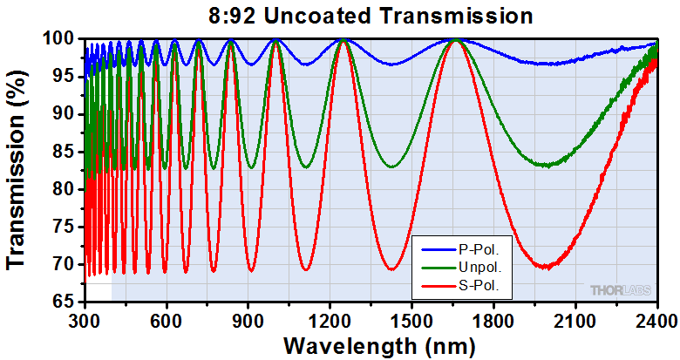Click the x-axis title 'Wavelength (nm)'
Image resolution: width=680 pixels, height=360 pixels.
point(371,345)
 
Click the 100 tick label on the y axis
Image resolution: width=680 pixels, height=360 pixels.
point(63,39)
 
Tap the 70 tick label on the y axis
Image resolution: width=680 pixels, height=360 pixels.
point(67,264)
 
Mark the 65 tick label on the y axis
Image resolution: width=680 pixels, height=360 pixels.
point(67,302)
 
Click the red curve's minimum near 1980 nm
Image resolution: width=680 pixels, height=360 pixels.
point(545,267)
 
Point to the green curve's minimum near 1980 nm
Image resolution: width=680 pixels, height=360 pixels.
point(546,165)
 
